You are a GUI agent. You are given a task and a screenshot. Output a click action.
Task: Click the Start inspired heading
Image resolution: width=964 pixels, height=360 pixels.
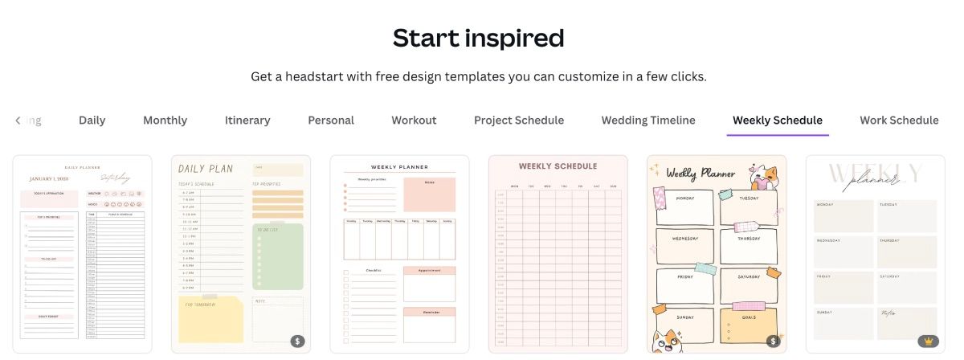point(478,38)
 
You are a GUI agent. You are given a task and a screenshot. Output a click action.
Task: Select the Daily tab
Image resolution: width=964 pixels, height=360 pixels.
point(92,121)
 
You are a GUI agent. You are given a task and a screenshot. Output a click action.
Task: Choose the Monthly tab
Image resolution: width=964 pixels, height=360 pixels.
point(165,121)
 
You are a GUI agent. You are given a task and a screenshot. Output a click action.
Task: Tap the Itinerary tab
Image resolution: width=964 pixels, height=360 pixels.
point(247,121)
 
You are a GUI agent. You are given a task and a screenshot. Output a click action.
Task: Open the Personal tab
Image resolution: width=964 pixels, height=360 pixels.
point(331,121)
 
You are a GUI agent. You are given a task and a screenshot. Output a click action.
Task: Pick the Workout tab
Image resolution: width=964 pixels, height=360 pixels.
point(414,121)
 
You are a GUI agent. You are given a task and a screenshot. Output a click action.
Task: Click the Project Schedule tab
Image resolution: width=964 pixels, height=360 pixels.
point(519,121)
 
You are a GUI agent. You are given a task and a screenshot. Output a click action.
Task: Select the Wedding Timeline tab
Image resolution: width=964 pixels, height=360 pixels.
point(648,121)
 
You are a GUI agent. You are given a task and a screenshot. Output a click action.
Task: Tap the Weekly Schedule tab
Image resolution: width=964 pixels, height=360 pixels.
point(778,121)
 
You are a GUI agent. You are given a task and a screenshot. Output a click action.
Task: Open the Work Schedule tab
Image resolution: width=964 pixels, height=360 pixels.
point(899,121)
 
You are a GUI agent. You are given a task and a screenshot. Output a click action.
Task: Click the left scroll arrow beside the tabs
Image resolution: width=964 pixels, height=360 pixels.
point(18,121)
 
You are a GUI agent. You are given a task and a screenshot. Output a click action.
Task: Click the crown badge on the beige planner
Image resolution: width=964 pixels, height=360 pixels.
point(928,341)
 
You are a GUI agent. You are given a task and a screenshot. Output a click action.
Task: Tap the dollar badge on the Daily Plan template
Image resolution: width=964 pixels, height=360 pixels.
point(298,341)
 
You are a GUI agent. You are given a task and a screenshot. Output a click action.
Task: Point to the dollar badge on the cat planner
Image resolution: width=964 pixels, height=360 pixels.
point(774,341)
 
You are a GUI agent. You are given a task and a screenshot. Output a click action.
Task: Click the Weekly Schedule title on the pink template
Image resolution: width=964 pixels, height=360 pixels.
point(558,166)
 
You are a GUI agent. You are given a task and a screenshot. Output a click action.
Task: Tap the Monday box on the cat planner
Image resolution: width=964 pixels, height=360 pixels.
point(684,207)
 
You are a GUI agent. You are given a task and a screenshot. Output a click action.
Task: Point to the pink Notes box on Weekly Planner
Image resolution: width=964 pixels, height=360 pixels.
point(429,194)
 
